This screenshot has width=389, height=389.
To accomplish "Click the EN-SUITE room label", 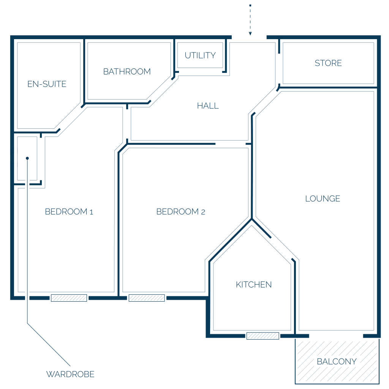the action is pos(47,84).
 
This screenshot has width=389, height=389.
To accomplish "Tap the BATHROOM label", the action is pos(127,71).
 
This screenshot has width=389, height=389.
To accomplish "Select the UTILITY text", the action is pos(200,55).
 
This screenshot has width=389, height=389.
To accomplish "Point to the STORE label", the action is pos(328,63).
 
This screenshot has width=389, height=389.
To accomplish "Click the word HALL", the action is pos(208,106).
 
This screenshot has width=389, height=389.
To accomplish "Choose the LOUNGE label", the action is pos(323,198).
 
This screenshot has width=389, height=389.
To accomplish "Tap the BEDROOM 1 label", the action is pos(69,212).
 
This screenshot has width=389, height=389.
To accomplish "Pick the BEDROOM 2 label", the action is pos(180,212).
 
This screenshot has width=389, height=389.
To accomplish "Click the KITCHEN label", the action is pos(254,285).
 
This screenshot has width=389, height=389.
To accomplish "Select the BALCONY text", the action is pos(337,362).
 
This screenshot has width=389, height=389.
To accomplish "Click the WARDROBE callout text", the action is pos(70,374).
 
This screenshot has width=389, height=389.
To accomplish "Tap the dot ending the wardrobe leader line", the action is pos(27,158).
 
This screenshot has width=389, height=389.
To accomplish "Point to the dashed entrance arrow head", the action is pos(250,33).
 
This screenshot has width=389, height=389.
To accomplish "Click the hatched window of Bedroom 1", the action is pos(69,298).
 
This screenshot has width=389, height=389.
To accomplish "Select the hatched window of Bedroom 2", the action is pos(147,298).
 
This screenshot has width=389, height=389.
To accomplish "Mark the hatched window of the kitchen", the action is pos(263,336).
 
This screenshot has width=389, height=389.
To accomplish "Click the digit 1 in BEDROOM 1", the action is pos(91,212).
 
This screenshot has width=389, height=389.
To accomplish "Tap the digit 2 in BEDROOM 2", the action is pos(203,212).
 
